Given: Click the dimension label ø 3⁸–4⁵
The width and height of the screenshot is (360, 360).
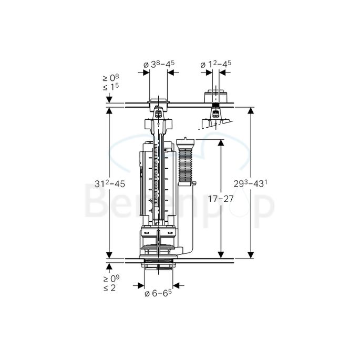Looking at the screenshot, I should coord(159,65).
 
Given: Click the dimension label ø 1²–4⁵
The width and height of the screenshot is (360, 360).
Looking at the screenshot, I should coord(215,65).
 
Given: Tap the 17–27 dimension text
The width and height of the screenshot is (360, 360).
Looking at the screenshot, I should coord(220,199).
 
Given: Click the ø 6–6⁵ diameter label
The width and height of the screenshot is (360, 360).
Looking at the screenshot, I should coord(159,293).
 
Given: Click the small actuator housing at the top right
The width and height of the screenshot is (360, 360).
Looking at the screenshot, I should coord(214,97).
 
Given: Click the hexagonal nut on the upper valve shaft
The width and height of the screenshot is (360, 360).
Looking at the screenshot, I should coord(158,126).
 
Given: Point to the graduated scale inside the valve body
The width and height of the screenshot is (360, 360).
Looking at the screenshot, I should coord(158,179).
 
